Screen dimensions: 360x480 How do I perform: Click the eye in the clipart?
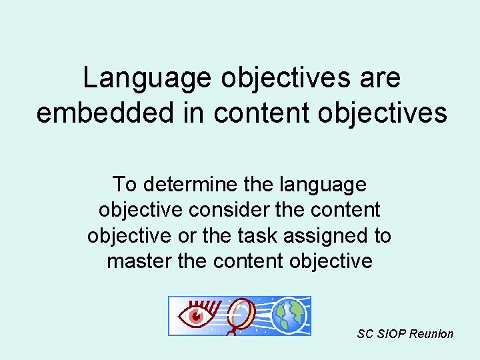pyautogui.click(x=197, y=315)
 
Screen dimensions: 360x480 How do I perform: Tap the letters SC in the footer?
pyautogui.click(x=365, y=334)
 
